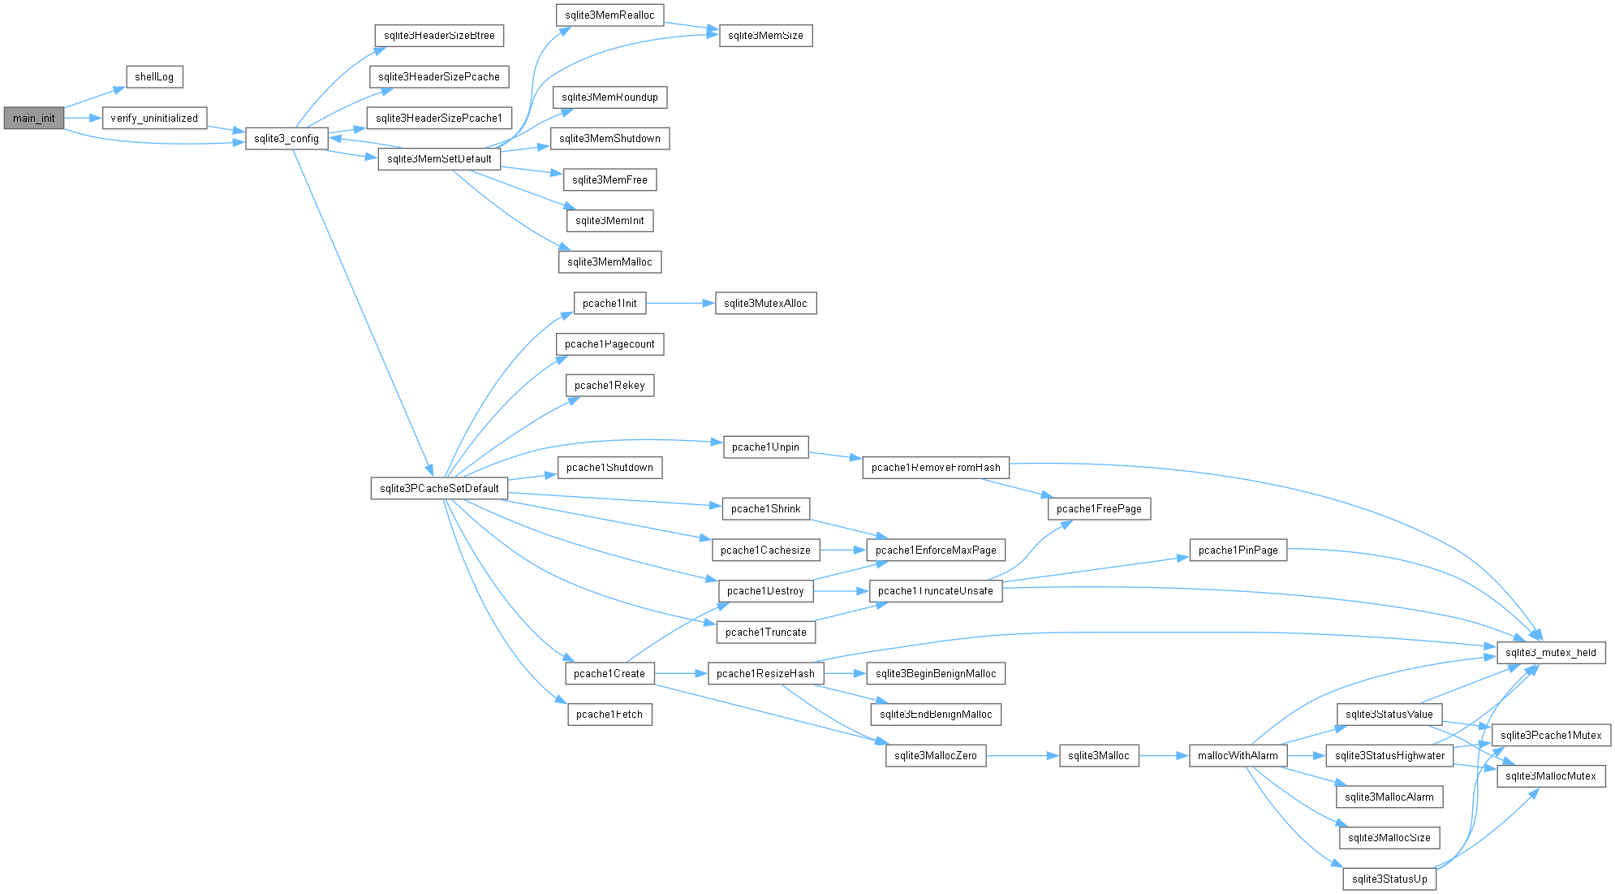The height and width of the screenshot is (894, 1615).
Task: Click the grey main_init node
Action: [x=34, y=118]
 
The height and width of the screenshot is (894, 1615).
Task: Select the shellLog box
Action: [x=154, y=77]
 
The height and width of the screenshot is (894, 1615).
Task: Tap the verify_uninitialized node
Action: [x=154, y=118]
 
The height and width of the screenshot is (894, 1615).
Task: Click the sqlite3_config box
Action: [x=286, y=139]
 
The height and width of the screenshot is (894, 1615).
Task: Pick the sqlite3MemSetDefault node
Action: [x=439, y=159]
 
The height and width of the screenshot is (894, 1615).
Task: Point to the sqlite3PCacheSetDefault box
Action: [x=439, y=488]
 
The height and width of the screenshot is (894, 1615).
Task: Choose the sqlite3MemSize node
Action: [x=765, y=36]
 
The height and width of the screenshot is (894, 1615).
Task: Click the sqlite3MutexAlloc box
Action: [x=765, y=304]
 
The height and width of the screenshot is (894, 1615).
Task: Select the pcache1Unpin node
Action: [x=765, y=447]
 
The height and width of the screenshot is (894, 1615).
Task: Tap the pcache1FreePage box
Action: [x=1099, y=509]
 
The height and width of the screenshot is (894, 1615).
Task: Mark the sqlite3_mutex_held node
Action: [x=1551, y=653]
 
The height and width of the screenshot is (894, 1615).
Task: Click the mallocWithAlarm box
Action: [x=1238, y=756]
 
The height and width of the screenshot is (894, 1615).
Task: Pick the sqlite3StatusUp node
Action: [x=1389, y=879]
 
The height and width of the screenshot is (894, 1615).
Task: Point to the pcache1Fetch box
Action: [x=609, y=715]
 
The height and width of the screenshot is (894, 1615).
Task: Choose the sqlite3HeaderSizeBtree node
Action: [x=439, y=36]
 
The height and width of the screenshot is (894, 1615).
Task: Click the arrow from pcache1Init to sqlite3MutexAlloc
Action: [x=680, y=304]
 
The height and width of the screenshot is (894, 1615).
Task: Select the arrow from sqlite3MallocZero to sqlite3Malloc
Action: [x=1023, y=756]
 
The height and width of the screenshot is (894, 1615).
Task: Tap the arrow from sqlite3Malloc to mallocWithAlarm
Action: [x=1164, y=756]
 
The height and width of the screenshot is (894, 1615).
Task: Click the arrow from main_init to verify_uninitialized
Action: [x=83, y=118]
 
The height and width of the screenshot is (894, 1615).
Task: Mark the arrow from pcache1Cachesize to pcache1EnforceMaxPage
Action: [x=843, y=550]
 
